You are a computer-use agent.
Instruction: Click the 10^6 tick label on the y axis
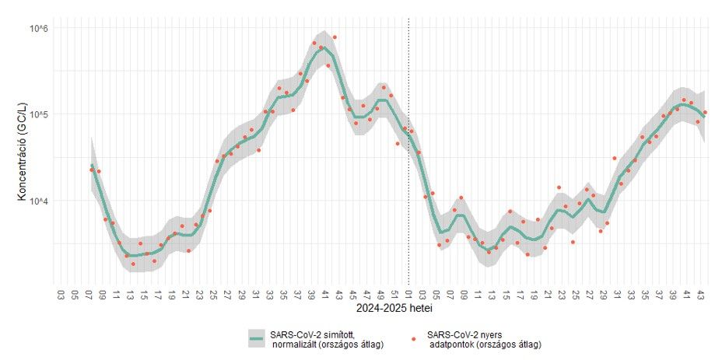coord(39,29)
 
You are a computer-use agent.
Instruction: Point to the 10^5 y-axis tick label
coord(39,115)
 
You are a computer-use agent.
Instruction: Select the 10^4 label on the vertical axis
coord(39,201)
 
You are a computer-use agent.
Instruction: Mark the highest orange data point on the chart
coord(335,37)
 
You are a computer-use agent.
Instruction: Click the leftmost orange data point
coord(92,168)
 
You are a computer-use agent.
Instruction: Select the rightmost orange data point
coord(705,113)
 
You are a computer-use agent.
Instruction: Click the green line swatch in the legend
coord(258,339)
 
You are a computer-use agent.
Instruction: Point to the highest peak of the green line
coord(322,48)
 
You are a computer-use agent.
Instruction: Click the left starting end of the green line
coord(92,166)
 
